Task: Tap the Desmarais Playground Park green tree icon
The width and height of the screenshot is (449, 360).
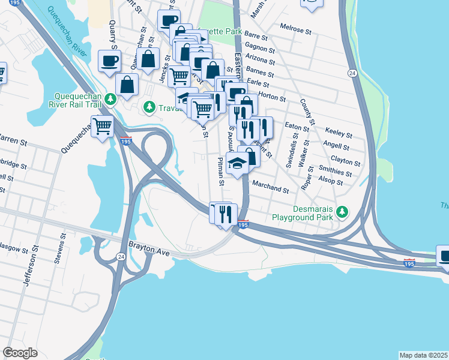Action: pyautogui.click(x=342, y=211)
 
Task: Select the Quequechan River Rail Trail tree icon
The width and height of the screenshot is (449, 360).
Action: pyautogui.click(x=110, y=98)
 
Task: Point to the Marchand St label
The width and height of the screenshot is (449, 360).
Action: pyautogui.click(x=271, y=188)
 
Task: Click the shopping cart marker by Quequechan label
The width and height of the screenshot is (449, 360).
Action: pyautogui.click(x=103, y=127)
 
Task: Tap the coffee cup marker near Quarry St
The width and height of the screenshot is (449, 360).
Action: pyautogui.click(x=109, y=61)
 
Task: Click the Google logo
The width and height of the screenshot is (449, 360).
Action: pyautogui.click(x=20, y=353)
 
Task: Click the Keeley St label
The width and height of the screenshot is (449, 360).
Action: pyautogui.click(x=337, y=130)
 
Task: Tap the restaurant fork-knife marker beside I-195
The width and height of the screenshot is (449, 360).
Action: pyautogui.click(x=226, y=213)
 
